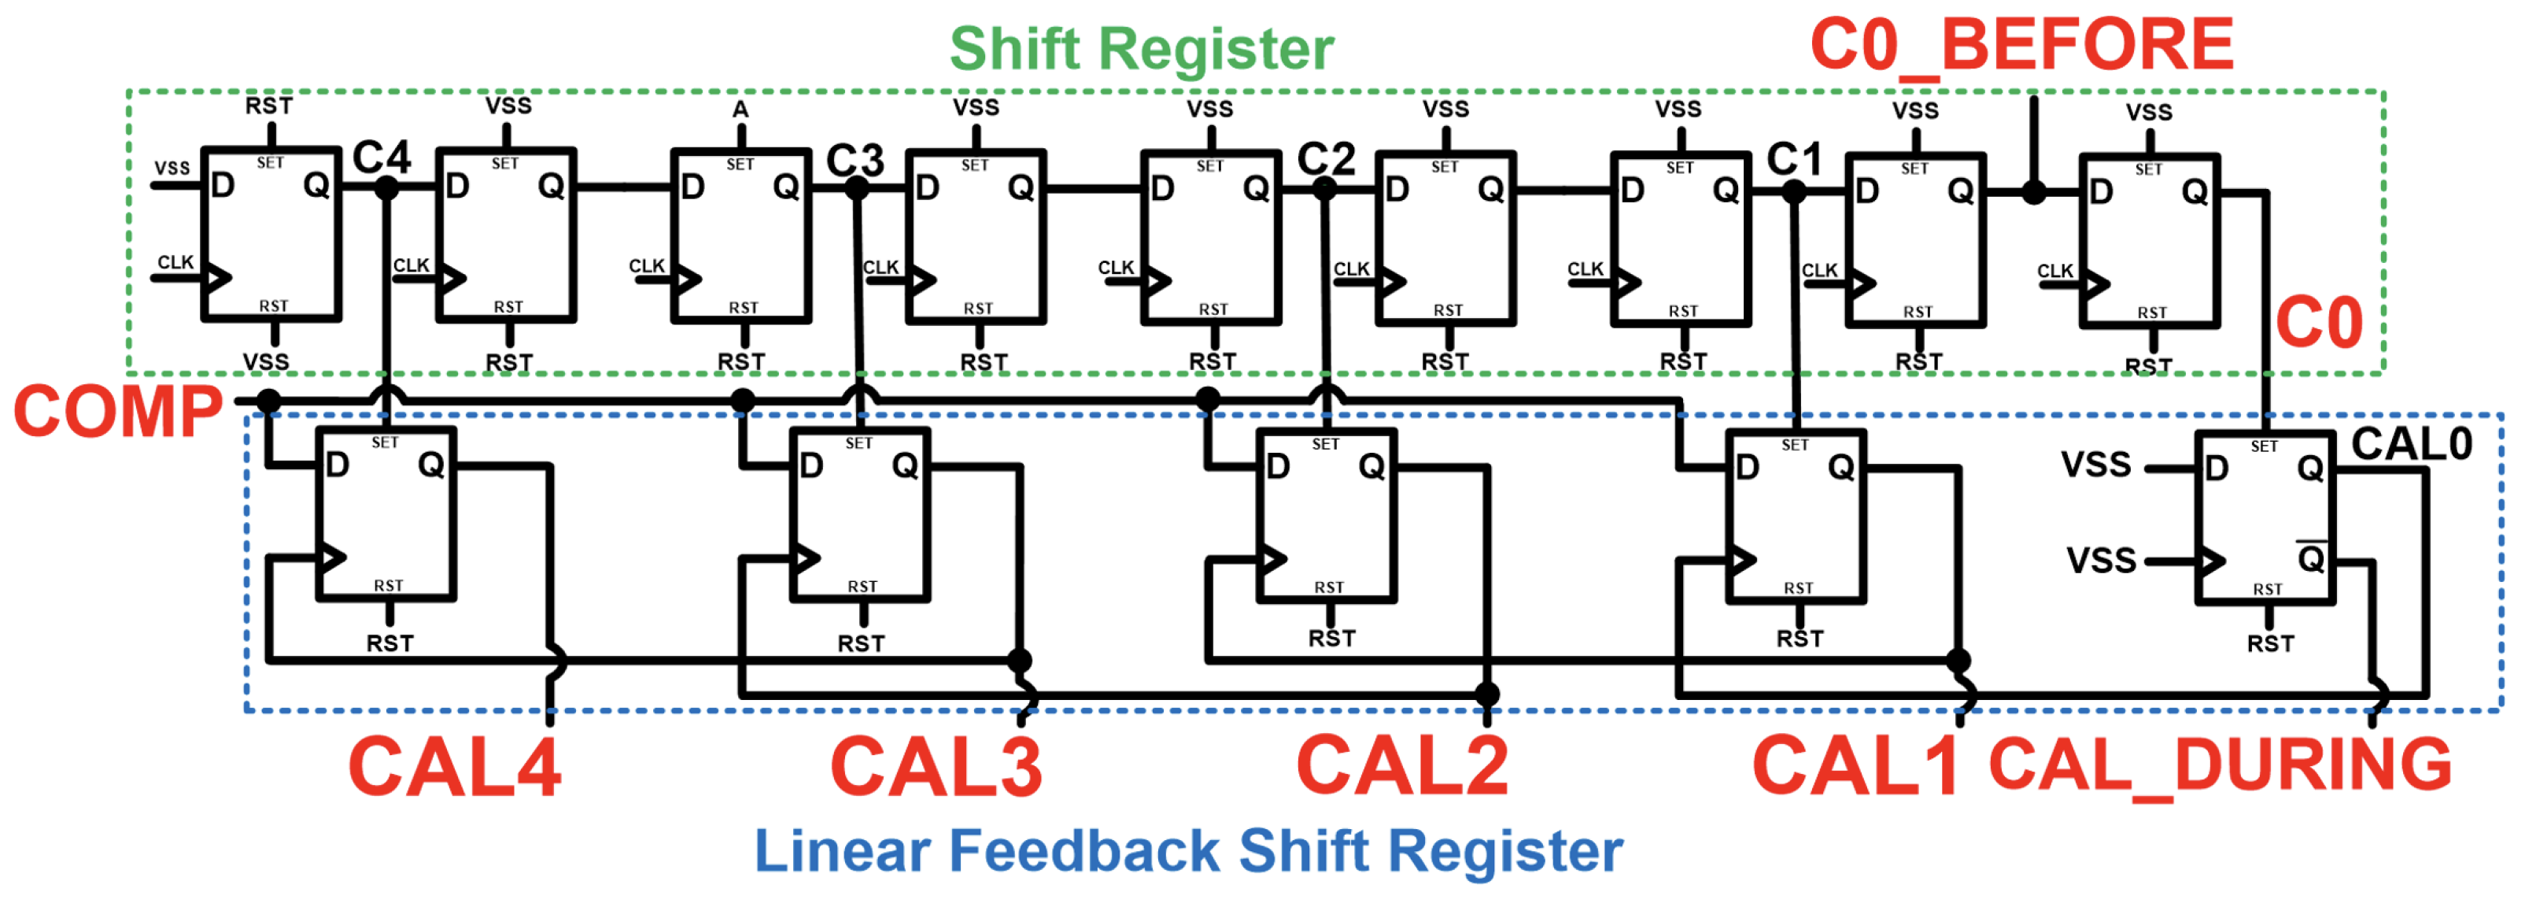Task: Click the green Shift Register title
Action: click(x=1141, y=49)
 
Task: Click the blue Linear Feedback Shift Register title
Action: click(x=1187, y=851)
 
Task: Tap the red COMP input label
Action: click(x=117, y=412)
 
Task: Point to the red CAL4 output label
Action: click(x=454, y=768)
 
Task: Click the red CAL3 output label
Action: click(x=936, y=768)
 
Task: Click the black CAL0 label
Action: click(x=2411, y=445)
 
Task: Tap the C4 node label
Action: click(x=382, y=157)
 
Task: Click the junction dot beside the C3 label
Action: click(x=857, y=188)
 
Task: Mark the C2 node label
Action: click(x=1325, y=159)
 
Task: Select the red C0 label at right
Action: click(x=2319, y=324)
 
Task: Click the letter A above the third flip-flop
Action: click(x=741, y=109)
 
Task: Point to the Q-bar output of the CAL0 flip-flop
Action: click(x=2310, y=559)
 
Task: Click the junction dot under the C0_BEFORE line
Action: click(x=2034, y=193)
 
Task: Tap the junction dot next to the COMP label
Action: click(x=268, y=401)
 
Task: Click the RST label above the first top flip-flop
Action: click(x=268, y=106)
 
